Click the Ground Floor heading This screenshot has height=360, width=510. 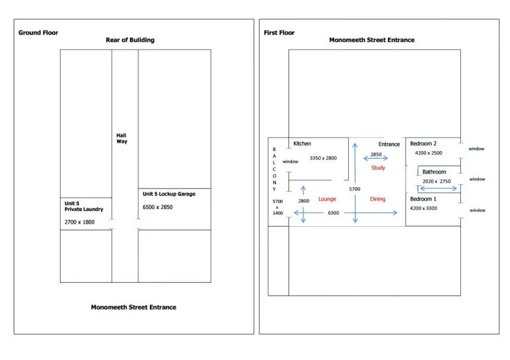point(38,32)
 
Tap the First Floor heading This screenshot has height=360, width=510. point(279,32)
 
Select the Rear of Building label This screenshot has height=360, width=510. point(130,40)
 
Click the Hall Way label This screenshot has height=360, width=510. point(122,138)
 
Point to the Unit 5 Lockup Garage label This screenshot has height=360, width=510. point(169,194)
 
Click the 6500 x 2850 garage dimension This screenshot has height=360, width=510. point(157,207)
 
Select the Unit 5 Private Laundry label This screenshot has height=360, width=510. point(84,206)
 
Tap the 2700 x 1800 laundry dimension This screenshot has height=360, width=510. point(79,222)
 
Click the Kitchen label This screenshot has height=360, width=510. point(302,143)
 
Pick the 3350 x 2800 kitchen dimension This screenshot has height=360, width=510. point(323,158)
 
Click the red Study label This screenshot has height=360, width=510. point(378,168)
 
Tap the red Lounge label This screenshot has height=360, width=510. point(327,199)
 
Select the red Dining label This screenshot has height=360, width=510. point(377,199)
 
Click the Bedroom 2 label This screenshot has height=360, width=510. point(423,143)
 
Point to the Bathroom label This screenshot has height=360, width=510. point(434,171)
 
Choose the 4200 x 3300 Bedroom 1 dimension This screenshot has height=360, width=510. point(423,208)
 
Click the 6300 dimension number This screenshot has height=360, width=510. point(333,213)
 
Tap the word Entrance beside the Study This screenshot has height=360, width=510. point(389,144)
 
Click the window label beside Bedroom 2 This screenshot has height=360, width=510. point(476,148)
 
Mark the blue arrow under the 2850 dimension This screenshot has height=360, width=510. point(375,159)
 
